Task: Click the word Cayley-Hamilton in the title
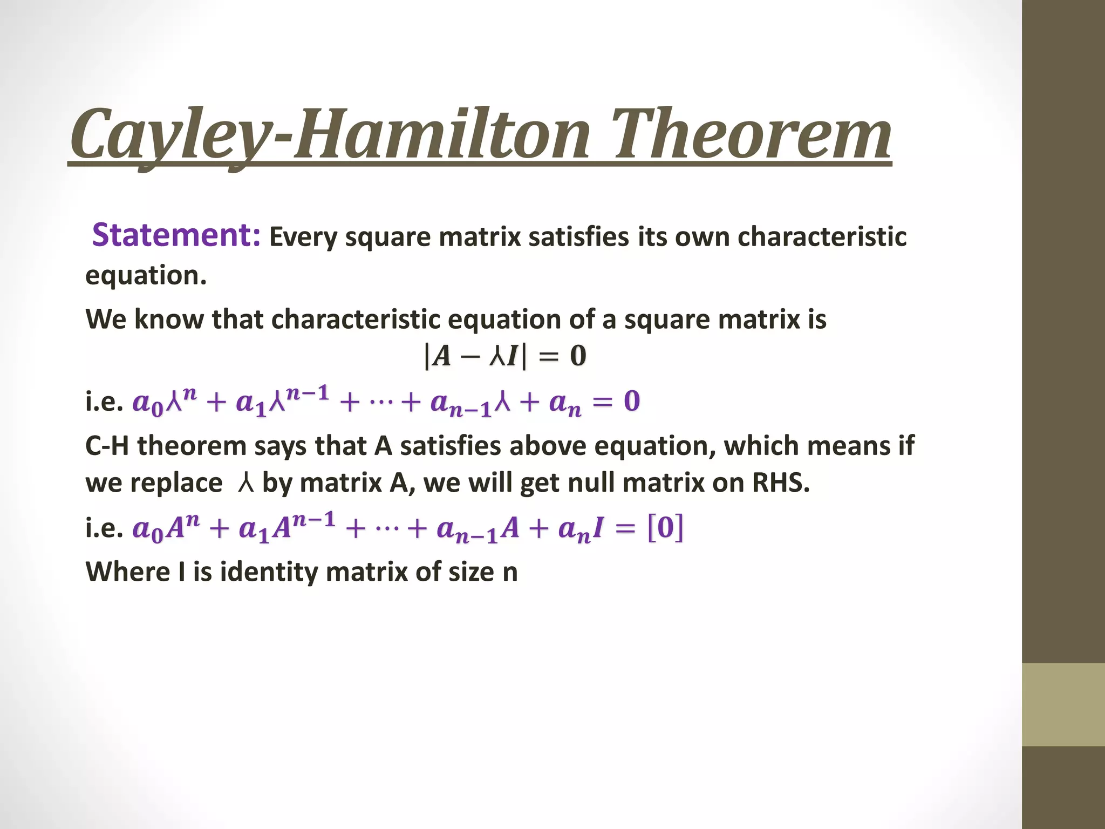pyautogui.click(x=329, y=135)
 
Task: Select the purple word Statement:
pyautogui.click(x=176, y=235)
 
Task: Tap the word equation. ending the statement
pyautogui.click(x=146, y=276)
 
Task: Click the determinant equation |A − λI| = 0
pyautogui.click(x=505, y=356)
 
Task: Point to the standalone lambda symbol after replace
pyautogui.click(x=245, y=483)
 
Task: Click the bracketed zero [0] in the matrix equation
pyautogui.click(x=665, y=527)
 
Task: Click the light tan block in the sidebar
pyautogui.click(x=1063, y=704)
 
